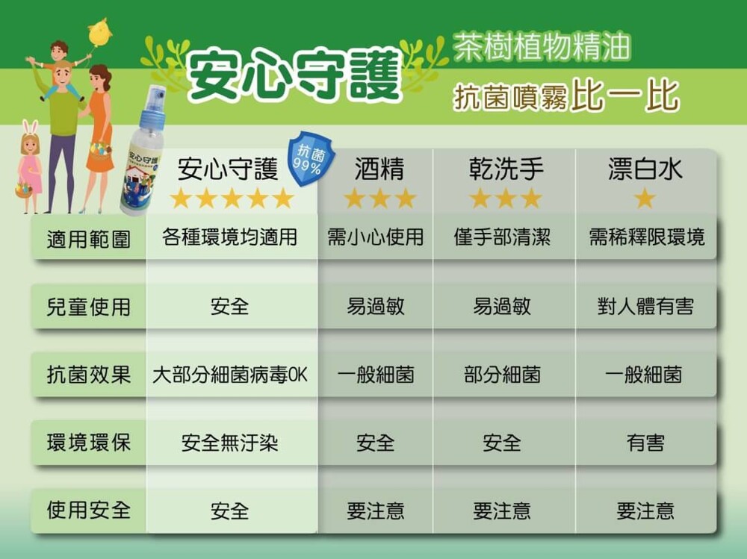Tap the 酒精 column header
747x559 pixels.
(x=379, y=169)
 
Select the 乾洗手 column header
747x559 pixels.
(x=506, y=169)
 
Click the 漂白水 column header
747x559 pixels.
(x=645, y=169)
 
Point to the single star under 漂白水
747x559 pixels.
(x=645, y=198)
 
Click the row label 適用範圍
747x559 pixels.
(x=89, y=239)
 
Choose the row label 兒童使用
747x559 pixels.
(x=89, y=306)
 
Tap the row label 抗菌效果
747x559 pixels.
(x=89, y=374)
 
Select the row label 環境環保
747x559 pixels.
(x=89, y=443)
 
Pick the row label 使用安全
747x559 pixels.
(x=89, y=510)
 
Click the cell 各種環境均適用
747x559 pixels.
(x=229, y=237)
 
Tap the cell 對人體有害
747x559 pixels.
(x=645, y=306)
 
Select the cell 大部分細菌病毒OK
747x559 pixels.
(x=230, y=375)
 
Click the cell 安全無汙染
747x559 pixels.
(x=229, y=443)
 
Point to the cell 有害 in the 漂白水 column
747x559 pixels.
(x=645, y=443)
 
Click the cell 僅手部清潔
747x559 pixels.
(x=502, y=237)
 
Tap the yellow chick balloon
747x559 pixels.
(x=99, y=31)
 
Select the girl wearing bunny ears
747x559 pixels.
(x=30, y=166)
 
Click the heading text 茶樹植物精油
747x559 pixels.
(x=542, y=47)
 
